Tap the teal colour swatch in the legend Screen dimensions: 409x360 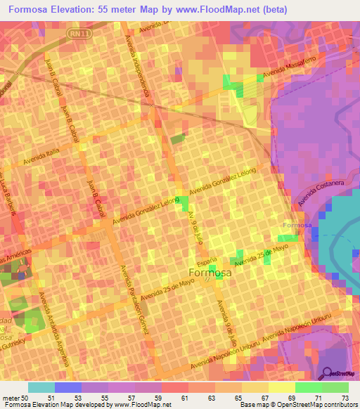click(41, 387)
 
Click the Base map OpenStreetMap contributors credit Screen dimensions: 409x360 click(298, 405)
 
